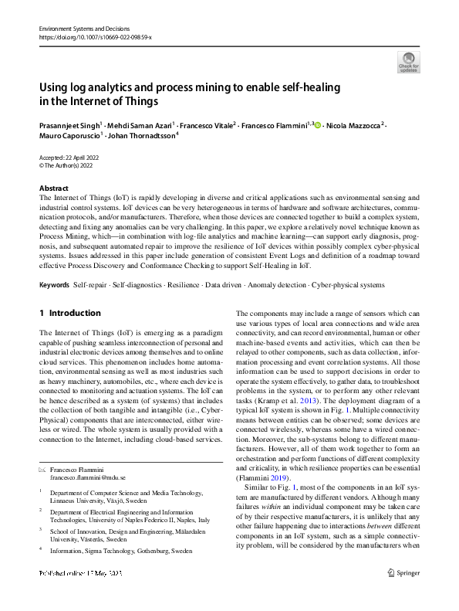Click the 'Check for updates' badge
tap(407, 61)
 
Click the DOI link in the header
tap(95, 36)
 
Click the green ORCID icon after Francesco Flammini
tap(317, 124)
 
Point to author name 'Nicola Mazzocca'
tap(355, 124)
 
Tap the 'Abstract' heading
tap(54, 188)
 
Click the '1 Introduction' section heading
tap(69, 313)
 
